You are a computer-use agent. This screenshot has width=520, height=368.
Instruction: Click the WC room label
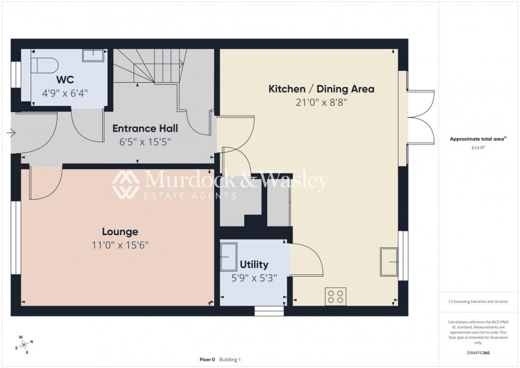(x=65, y=80)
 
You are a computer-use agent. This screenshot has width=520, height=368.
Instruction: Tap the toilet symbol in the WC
(x=45, y=65)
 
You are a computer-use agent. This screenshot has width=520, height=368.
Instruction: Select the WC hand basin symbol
(x=93, y=56)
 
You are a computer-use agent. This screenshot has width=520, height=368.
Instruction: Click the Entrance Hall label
(x=145, y=129)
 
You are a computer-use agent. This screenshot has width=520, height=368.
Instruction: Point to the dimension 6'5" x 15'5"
(x=145, y=142)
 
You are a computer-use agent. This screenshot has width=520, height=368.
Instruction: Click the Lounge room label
(x=120, y=231)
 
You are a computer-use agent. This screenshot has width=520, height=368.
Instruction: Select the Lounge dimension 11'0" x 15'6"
(x=120, y=245)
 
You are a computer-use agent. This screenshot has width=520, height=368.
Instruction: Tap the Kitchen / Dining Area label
(x=321, y=89)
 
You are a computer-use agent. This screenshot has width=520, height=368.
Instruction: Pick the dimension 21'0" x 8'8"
(x=321, y=102)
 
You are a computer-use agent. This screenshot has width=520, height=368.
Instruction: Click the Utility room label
(x=254, y=265)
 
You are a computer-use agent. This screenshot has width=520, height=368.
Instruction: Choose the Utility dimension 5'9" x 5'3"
(x=254, y=278)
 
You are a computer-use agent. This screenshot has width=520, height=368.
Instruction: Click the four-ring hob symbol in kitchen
(x=336, y=296)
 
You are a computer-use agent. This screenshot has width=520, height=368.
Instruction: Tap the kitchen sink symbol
(x=388, y=261)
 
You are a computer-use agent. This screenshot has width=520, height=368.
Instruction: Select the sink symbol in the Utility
(x=229, y=258)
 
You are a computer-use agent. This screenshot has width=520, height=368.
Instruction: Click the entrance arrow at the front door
(x=11, y=133)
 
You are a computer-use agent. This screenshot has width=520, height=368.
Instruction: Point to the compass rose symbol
(x=24, y=345)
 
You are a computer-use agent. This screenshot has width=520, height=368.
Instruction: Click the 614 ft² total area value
(x=478, y=148)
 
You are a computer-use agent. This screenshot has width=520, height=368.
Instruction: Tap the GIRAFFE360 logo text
(x=478, y=353)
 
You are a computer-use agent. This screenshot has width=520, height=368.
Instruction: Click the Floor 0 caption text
(x=207, y=359)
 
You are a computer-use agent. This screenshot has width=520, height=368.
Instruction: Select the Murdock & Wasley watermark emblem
(x=125, y=184)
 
